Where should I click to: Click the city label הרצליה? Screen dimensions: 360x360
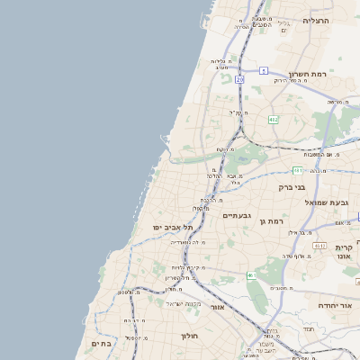317,20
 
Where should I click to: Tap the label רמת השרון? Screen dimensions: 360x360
311,75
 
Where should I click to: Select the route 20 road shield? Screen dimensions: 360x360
239,80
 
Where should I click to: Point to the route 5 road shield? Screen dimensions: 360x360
264,70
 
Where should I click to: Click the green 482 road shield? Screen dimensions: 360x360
273,119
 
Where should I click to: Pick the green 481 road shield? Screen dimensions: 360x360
298,169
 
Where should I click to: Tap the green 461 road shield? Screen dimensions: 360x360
251,275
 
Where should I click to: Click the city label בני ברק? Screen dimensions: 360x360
292,188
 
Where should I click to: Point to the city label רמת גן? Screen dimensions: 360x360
270,220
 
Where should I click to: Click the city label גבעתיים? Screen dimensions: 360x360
237,215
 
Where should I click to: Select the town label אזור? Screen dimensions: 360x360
217,307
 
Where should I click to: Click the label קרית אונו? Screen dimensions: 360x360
344,252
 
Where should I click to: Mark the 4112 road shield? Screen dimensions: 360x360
319,245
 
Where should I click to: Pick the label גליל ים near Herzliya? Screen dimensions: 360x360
283,27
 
